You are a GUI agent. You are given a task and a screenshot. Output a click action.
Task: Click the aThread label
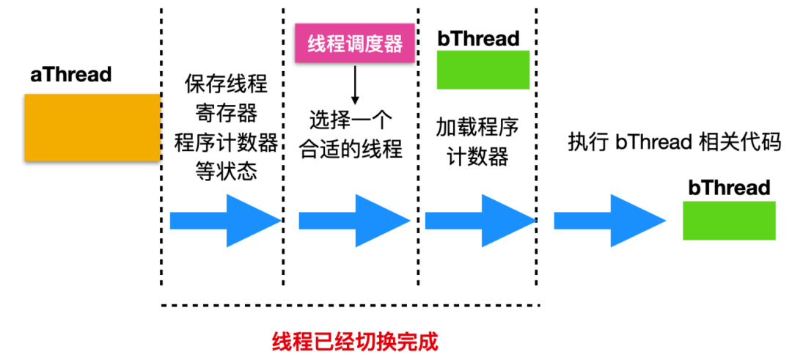pyautogui.click(x=70, y=75)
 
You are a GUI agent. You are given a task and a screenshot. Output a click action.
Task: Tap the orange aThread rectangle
pyautogui.click(x=92, y=128)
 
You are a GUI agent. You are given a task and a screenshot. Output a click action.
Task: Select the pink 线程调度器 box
pyautogui.click(x=355, y=43)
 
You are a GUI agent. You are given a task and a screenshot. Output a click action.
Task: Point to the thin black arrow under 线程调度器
pyautogui.click(x=355, y=84)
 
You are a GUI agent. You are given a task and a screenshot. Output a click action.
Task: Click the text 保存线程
pyautogui.click(x=226, y=84)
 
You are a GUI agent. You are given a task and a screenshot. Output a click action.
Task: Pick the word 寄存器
pyautogui.click(x=226, y=114)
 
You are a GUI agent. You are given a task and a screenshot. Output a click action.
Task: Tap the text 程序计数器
pyautogui.click(x=226, y=143)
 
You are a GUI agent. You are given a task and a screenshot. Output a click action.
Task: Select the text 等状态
pyautogui.click(x=226, y=172)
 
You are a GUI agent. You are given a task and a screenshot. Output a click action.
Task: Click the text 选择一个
pyautogui.click(x=351, y=122)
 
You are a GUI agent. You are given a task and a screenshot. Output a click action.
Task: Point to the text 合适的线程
pyautogui.click(x=351, y=150)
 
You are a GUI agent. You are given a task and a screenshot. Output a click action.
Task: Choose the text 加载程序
pyautogui.click(x=477, y=129)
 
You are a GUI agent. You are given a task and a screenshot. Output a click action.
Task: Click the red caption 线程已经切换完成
pyautogui.click(x=355, y=342)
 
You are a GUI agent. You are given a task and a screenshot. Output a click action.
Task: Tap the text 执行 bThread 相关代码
pyautogui.click(x=670, y=142)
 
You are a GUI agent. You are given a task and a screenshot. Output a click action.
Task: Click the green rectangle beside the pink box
pyautogui.click(x=483, y=70)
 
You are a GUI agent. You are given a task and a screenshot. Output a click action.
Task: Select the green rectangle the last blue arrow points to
pyautogui.click(x=729, y=220)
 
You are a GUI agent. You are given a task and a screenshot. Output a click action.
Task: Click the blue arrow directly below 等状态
pyautogui.click(x=225, y=221)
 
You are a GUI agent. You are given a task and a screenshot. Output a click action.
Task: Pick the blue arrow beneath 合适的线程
pyautogui.click(x=354, y=221)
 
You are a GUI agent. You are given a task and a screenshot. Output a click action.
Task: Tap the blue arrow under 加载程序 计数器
pyautogui.click(x=480, y=221)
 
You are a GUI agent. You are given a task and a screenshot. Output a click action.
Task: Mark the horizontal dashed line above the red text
pyautogui.click(x=351, y=305)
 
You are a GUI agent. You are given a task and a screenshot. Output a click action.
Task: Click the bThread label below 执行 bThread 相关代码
pyautogui.click(x=729, y=188)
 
